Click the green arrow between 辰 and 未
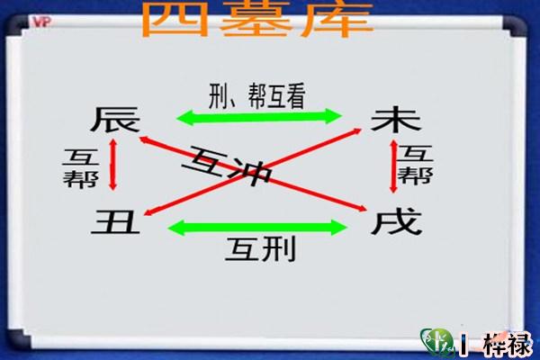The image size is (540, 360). [x=257, y=116]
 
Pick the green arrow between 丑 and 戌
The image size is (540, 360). [x=257, y=227]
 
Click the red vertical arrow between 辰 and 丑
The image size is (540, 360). [x=113, y=164]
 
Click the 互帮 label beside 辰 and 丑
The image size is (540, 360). [x=76, y=166]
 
